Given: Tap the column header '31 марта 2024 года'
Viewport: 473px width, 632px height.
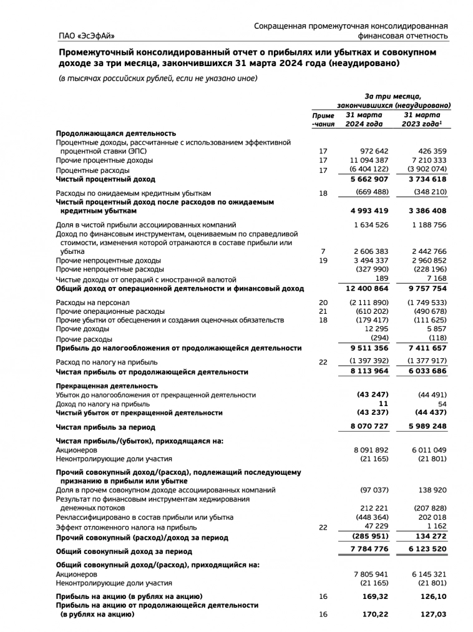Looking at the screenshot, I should click(x=364, y=119).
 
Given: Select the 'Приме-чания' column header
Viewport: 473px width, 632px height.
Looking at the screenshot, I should click(x=323, y=119).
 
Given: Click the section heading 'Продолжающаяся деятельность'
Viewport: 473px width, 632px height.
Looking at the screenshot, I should click(x=116, y=134).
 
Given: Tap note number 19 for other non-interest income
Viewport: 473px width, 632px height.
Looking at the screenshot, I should click(x=323, y=260).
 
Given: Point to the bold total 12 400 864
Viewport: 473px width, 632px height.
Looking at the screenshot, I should click(x=367, y=288).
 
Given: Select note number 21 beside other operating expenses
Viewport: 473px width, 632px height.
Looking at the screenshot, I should click(x=323, y=311).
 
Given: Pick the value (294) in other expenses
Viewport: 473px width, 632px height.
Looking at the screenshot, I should click(x=379, y=338).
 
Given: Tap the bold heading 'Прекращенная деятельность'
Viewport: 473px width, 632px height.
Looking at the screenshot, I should click(x=107, y=386).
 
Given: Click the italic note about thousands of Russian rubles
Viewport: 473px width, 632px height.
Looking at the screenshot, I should click(x=158, y=78).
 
